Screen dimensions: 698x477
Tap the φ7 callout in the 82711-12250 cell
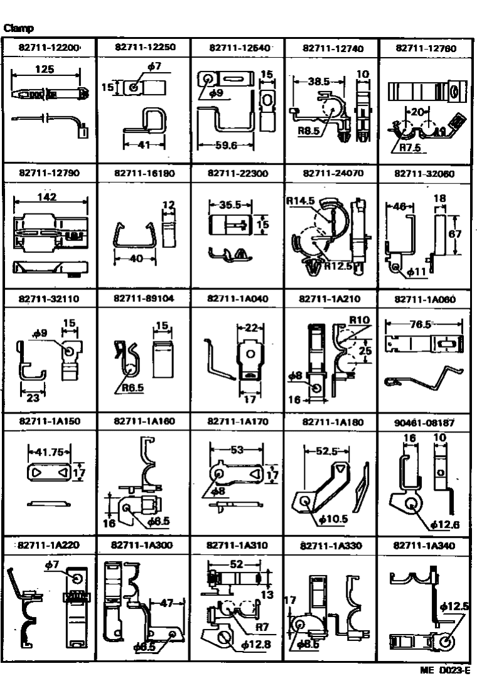[153, 67]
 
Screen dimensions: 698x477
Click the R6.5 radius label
[132, 388]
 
